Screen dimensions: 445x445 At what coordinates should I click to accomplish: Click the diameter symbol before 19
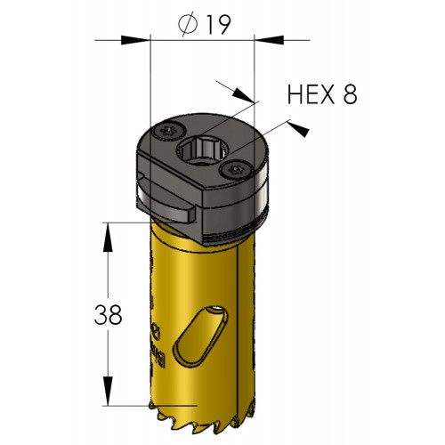pyautogui.click(x=188, y=24)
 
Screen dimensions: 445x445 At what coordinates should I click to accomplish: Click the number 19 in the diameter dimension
pyautogui.click(x=218, y=25)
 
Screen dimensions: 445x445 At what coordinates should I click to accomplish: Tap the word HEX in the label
pyautogui.click(x=311, y=94)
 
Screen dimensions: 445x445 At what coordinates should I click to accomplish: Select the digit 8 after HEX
pyautogui.click(x=351, y=94)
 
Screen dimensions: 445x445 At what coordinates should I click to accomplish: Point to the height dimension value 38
pyautogui.click(x=108, y=315)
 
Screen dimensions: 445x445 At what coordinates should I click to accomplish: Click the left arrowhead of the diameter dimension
pyautogui.click(x=134, y=40)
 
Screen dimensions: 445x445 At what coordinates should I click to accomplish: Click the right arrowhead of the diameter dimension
pyautogui.click(x=270, y=40)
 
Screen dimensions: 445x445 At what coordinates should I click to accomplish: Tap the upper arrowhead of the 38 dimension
pyautogui.click(x=108, y=238)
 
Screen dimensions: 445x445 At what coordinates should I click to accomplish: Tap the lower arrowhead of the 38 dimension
pyautogui.click(x=108, y=391)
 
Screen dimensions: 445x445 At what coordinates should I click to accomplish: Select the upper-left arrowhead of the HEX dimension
pyautogui.click(x=243, y=95)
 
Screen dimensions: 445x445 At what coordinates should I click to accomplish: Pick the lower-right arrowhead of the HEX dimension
pyautogui.click(x=298, y=129)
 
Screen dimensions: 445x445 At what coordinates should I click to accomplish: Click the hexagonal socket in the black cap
pyautogui.click(x=203, y=150)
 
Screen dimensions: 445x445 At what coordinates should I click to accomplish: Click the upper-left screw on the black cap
pyautogui.click(x=170, y=131)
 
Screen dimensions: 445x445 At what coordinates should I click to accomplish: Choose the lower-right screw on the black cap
pyautogui.click(x=236, y=171)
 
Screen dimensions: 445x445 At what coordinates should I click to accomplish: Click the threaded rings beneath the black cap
pyautogui.click(x=234, y=233)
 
